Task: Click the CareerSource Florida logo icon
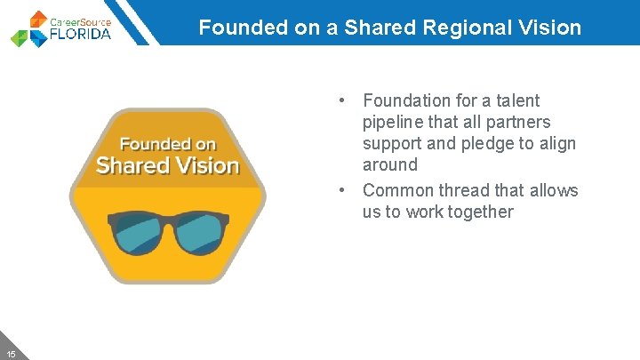click(x=29, y=28)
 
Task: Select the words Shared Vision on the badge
click(x=168, y=165)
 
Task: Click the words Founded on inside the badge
click(x=168, y=143)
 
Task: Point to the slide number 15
click(x=11, y=353)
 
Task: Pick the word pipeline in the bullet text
click(x=394, y=122)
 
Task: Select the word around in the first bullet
click(x=389, y=164)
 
